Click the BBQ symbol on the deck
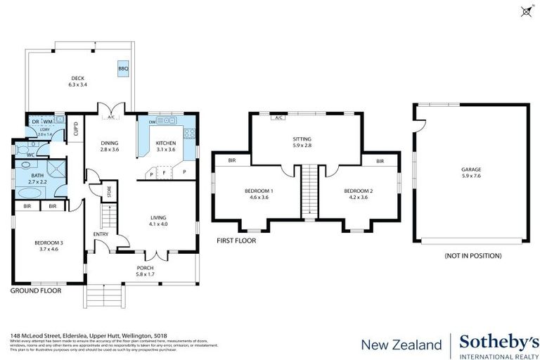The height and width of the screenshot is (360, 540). (123, 68)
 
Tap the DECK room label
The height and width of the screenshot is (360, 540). (77, 78)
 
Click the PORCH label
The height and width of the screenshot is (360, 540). (145, 268)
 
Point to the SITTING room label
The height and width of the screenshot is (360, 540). (302, 139)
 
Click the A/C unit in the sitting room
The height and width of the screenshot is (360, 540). (278, 117)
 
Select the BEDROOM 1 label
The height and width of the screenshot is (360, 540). (259, 191)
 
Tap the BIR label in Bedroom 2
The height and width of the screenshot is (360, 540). (380, 161)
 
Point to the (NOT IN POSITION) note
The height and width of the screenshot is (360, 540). (472, 256)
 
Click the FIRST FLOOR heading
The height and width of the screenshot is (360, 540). (236, 240)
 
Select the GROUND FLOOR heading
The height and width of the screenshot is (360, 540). (35, 290)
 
